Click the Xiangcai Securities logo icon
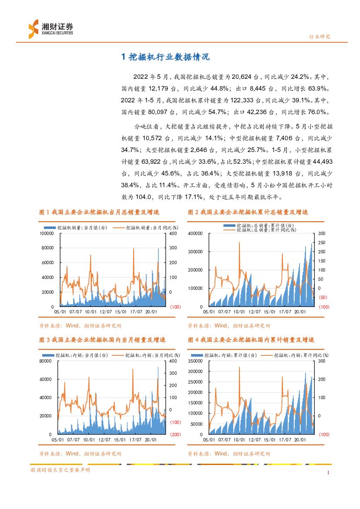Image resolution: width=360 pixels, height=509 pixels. click(x=34, y=29)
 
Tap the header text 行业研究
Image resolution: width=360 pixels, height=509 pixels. click(x=319, y=37)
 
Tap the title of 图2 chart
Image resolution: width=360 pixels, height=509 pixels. click(x=248, y=212)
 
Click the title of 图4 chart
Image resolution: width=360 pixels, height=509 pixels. click(x=251, y=340)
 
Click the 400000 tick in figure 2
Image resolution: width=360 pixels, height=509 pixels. click(x=195, y=233)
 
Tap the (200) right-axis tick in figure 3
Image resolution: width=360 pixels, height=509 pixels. click(x=175, y=435)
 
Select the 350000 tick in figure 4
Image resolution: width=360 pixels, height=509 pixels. click(x=195, y=361)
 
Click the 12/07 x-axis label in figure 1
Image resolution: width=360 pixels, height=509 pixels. click(x=106, y=312)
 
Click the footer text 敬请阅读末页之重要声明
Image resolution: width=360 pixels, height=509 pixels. click(x=60, y=470)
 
